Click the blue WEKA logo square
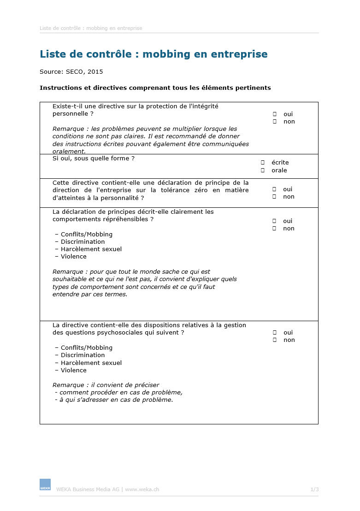(x=45, y=484)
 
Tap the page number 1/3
(x=314, y=489)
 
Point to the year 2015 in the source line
(x=95, y=72)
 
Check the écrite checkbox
(x=263, y=163)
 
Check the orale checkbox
(x=263, y=170)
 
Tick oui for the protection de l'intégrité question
(x=275, y=114)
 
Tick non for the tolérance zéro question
(x=275, y=197)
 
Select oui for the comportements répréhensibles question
(x=275, y=221)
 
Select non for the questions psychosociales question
(x=275, y=340)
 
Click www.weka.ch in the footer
(x=142, y=489)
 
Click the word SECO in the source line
(x=75, y=72)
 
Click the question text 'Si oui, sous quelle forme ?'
(x=94, y=159)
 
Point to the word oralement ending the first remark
(x=69, y=151)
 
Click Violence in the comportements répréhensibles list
(x=74, y=257)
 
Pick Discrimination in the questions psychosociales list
(x=83, y=355)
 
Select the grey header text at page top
(x=91, y=28)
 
